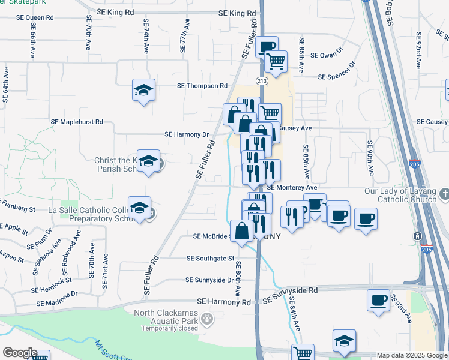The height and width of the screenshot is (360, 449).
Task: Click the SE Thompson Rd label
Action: [202, 86]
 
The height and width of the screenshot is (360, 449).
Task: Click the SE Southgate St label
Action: [210, 259]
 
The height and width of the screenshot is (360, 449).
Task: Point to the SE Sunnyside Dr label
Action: [209, 280]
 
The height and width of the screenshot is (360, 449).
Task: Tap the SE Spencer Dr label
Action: [337, 77]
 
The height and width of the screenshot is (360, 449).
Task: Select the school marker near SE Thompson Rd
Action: [143, 91]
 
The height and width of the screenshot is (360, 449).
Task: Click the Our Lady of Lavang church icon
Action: [444, 194]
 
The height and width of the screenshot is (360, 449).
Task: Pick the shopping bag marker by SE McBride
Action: [241, 231]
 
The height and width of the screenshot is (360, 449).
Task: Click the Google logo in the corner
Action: [20, 353]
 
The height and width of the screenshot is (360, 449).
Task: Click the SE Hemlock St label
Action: [52, 280]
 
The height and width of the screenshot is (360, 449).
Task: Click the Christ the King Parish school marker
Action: [148, 161]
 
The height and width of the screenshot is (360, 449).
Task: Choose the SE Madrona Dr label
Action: [58, 294]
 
